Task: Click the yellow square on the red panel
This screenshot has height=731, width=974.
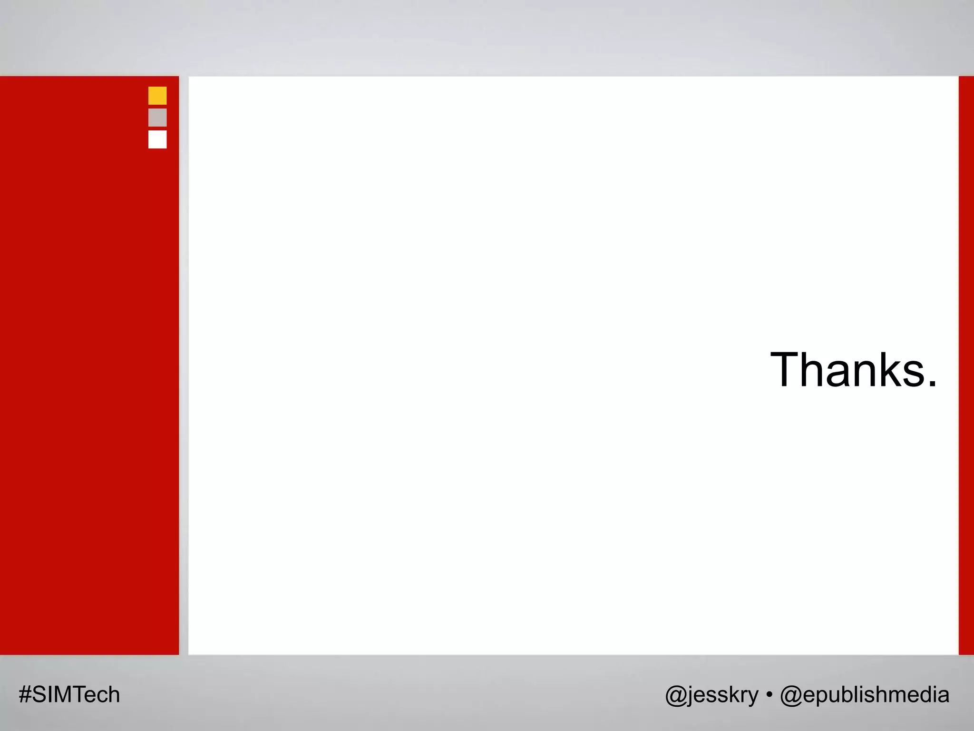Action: coord(157,96)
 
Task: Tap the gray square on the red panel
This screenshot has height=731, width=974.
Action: coord(157,118)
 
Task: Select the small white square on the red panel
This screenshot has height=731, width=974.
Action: coord(157,139)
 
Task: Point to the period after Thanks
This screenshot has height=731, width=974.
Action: coord(932,384)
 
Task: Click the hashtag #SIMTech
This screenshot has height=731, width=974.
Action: coord(69,695)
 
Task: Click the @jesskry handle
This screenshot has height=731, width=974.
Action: coord(711,695)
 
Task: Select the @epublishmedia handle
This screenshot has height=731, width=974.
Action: coord(865,695)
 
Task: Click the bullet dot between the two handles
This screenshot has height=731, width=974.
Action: coord(769,695)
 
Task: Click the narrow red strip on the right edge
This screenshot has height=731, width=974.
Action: coord(966,365)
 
